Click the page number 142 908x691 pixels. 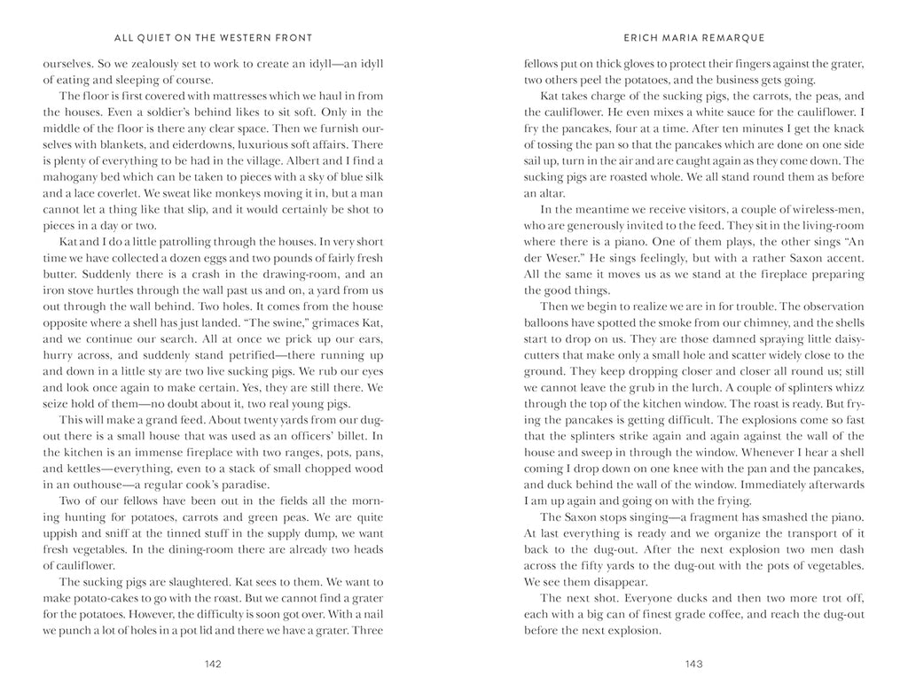coord(213,664)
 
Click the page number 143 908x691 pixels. coord(694,664)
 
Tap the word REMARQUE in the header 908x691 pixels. coord(733,38)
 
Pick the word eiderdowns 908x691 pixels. coord(175,144)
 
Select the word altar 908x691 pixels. coord(544,193)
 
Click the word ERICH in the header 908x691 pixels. coord(643,38)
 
